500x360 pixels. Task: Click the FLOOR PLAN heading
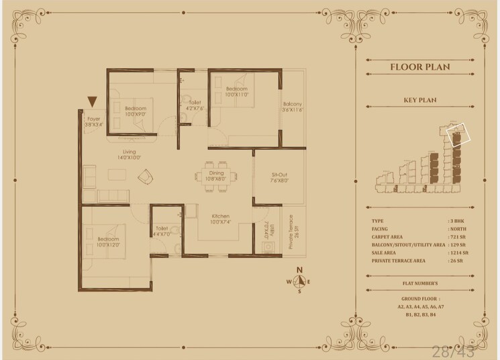pos(419,66)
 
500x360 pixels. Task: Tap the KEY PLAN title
pos(420,100)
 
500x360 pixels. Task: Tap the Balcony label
pos(292,104)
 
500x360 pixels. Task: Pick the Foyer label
pos(93,119)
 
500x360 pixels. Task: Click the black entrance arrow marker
pos(93,102)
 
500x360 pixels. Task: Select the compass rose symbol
pos(300,282)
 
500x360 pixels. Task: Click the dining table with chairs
pos(217,176)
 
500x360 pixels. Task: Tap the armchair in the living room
pos(145,177)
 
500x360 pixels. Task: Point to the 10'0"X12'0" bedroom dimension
pos(108,244)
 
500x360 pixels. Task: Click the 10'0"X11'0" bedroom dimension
pos(237,95)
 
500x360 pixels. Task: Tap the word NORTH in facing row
pos(459,228)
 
